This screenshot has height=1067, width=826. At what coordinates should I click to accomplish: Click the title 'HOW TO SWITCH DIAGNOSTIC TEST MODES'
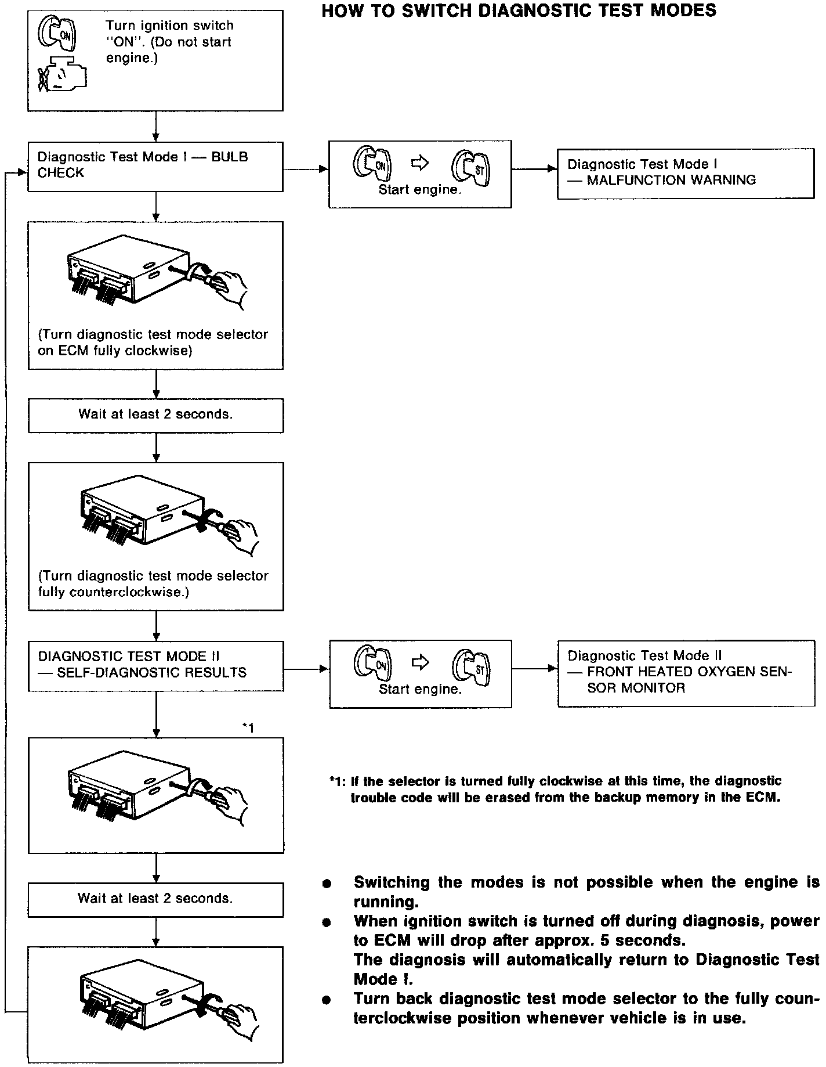519,11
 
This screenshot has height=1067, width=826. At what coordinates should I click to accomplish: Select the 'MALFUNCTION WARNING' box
685,173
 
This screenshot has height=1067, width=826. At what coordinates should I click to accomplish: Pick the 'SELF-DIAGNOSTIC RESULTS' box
155,665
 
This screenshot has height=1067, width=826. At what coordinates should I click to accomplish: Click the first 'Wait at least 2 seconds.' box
155,414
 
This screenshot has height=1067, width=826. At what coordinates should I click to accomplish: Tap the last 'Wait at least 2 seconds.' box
155,899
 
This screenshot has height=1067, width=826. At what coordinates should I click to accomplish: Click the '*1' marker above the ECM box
248,727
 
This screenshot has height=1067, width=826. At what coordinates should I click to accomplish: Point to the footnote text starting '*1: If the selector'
556,789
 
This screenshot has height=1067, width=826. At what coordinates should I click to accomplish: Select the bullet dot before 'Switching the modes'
327,884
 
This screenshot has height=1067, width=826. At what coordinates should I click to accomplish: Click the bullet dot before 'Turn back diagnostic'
327,1000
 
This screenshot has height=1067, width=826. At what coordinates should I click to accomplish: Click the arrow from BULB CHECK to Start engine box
305,170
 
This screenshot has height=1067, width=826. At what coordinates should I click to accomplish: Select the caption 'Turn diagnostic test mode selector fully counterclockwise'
154,584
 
